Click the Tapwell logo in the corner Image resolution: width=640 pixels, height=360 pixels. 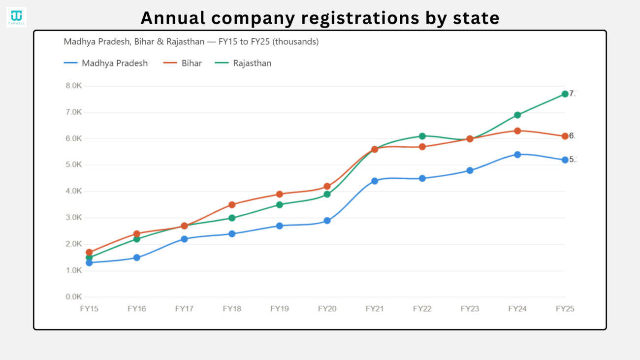click(x=16, y=17)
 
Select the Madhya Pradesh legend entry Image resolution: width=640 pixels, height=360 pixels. click(x=106, y=63)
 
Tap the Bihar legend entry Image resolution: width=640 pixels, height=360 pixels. click(x=183, y=63)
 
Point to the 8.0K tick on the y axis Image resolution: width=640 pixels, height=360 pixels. click(x=73, y=86)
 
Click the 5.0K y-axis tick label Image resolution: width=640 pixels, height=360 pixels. click(x=73, y=165)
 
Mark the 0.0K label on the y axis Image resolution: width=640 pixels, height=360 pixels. click(x=73, y=297)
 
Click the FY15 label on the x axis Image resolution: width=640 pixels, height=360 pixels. click(x=89, y=309)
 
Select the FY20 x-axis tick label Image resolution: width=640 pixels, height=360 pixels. click(x=327, y=309)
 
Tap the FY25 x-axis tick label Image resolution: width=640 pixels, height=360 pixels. click(x=565, y=309)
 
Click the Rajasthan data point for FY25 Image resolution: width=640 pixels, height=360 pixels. click(x=565, y=94)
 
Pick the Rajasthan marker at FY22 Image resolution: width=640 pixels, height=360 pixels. click(x=422, y=136)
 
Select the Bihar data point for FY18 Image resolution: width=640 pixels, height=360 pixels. click(x=232, y=204)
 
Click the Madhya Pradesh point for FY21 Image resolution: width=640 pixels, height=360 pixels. click(x=375, y=181)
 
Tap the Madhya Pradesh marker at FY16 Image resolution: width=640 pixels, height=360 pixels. click(x=137, y=258)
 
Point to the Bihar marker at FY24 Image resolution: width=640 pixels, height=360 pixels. click(x=517, y=131)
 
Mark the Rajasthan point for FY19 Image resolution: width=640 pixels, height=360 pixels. click(x=280, y=204)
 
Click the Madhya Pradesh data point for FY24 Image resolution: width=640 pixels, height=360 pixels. click(x=517, y=155)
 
